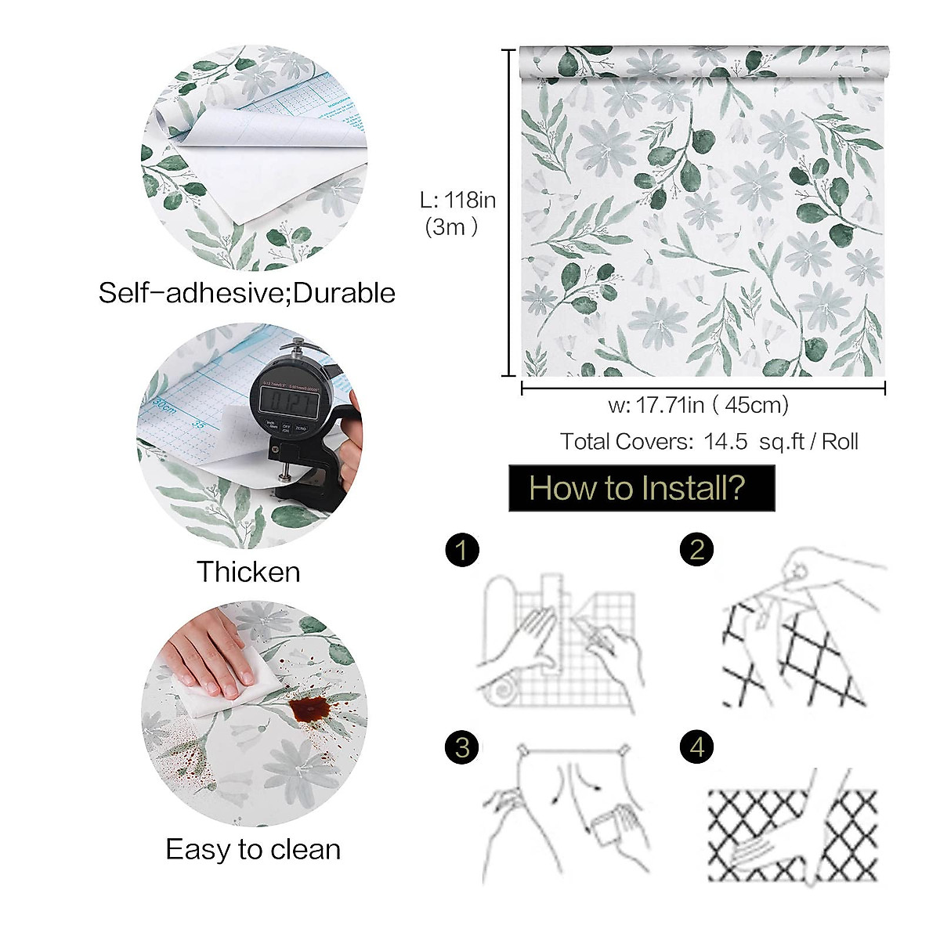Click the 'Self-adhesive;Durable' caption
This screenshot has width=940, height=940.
247,293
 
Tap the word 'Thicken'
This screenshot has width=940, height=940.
248,572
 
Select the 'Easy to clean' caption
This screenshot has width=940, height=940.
253,849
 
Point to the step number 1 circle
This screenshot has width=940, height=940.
461,549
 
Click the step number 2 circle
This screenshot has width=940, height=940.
696,549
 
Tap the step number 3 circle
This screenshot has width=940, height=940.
461,747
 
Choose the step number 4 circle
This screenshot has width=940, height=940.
696,747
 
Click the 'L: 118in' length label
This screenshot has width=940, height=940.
458,201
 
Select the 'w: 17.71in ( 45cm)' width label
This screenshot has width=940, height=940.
698,405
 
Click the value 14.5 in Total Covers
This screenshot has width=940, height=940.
725,442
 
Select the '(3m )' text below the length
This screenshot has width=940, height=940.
451,227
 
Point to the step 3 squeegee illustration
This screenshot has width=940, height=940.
564,811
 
